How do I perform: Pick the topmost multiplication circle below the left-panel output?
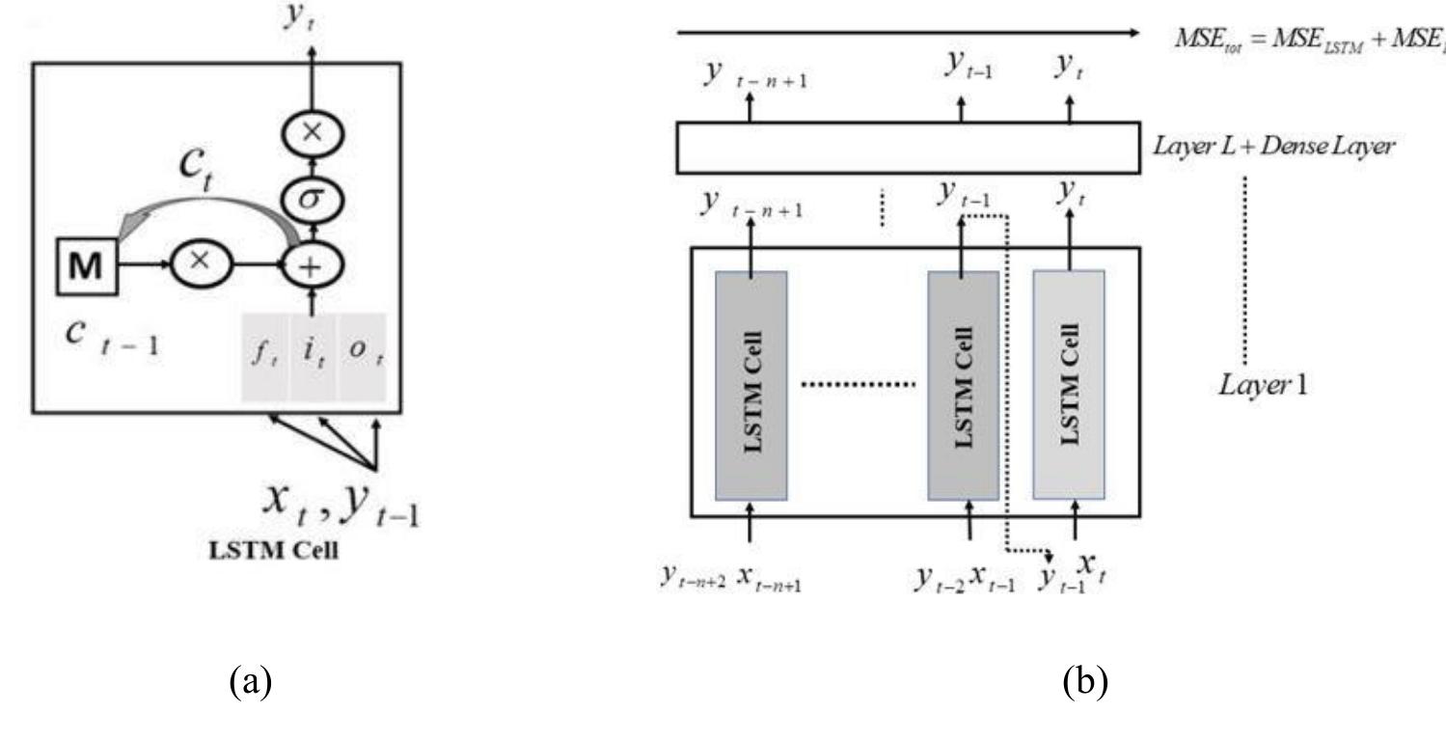(312, 135)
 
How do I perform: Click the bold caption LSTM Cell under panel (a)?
(273, 554)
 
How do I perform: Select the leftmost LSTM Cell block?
(751, 385)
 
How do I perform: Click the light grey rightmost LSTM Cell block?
(1069, 385)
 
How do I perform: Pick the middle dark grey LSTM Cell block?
(963, 385)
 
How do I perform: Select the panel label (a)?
(250, 683)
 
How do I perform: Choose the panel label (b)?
(1085, 683)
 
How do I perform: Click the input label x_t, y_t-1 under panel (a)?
(340, 503)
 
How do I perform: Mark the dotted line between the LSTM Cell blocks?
(858, 385)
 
